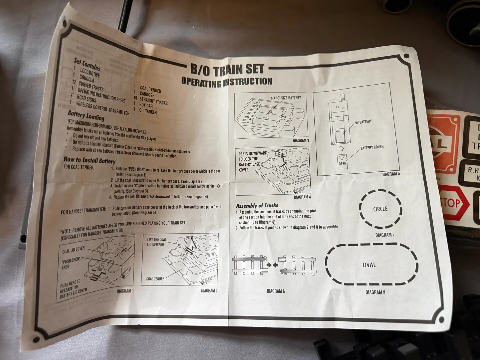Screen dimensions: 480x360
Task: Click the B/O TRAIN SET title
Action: click(x=227, y=70)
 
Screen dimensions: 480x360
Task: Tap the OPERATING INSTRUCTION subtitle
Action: click(x=227, y=82)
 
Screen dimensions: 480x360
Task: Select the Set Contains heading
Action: click(x=87, y=64)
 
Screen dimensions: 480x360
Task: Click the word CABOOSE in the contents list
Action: click(x=147, y=94)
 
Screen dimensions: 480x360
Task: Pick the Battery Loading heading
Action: click(x=86, y=116)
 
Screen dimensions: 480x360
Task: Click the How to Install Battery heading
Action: click(x=89, y=160)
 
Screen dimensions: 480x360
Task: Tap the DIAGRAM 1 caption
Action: click(x=125, y=291)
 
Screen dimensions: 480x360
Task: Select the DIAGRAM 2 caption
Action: click(x=209, y=291)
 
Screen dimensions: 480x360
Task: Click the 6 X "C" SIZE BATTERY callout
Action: click(x=286, y=98)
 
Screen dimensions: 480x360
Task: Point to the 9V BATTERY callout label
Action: click(x=363, y=122)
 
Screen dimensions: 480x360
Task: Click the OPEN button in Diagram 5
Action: click(x=342, y=162)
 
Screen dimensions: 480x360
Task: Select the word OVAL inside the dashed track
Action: click(x=369, y=265)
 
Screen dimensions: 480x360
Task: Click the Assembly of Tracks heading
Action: click(x=257, y=206)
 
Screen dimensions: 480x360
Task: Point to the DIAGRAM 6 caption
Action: click(x=276, y=291)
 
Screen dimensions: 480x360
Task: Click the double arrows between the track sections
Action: click(x=272, y=265)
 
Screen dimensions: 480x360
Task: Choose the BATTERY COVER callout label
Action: click(x=372, y=148)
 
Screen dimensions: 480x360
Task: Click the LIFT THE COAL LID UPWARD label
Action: click(x=157, y=242)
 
